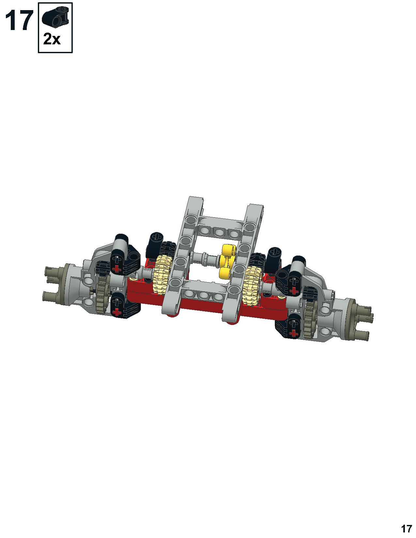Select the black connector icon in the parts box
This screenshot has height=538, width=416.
pyautogui.click(x=55, y=16)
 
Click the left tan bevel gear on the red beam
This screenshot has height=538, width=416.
pyautogui.click(x=162, y=275)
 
